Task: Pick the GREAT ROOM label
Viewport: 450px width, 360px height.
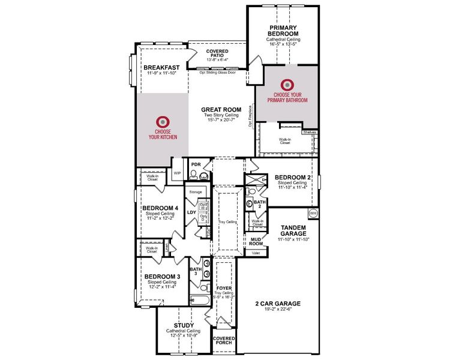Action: tap(221, 110)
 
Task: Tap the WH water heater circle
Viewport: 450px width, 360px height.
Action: tap(313, 214)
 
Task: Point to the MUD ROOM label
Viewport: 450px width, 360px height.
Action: tap(257, 242)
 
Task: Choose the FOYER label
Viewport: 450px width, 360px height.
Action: tap(224, 288)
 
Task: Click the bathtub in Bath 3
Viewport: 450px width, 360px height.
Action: tap(199, 300)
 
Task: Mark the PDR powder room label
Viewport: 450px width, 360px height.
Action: tap(195, 164)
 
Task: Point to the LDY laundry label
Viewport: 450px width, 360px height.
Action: tap(191, 212)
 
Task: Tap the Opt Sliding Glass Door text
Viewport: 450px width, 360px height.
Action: tap(223, 72)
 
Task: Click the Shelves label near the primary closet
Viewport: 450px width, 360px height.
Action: tap(309, 132)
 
